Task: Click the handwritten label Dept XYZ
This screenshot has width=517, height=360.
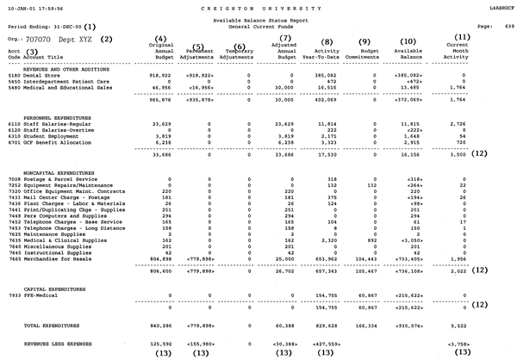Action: click(x=76, y=39)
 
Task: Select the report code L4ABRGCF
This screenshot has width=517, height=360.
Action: click(x=497, y=6)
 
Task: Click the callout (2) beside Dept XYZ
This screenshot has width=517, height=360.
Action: click(x=106, y=39)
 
